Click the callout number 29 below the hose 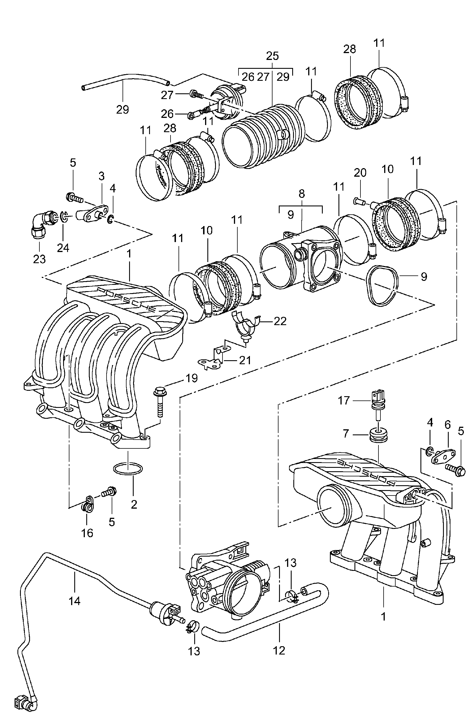pyautogui.click(x=123, y=109)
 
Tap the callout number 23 pyautogui.click(x=39, y=259)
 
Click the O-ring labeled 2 pyautogui.click(x=128, y=468)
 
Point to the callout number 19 pyautogui.click(x=192, y=378)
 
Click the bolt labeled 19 pyautogui.click(x=160, y=402)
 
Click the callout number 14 pyautogui.click(x=74, y=601)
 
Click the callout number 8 pyautogui.click(x=301, y=194)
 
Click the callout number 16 pyautogui.click(x=87, y=533)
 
